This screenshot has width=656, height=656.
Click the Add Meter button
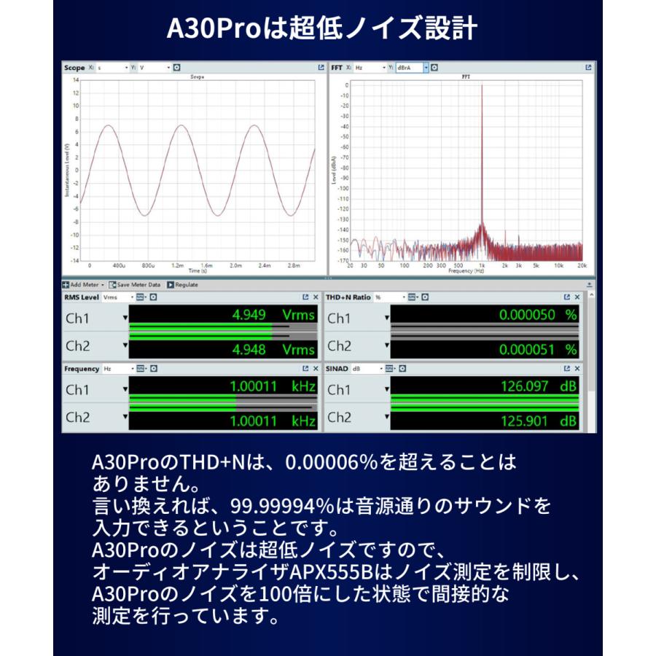point(83,284)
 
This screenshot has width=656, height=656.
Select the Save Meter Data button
point(134,284)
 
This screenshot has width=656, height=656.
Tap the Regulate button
point(182,284)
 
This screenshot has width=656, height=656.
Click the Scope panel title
point(74,68)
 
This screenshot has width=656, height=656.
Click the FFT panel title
point(336,68)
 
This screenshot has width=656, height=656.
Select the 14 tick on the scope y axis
point(75,81)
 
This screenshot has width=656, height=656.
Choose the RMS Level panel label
point(81,297)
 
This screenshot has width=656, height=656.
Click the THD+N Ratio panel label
point(348,297)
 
